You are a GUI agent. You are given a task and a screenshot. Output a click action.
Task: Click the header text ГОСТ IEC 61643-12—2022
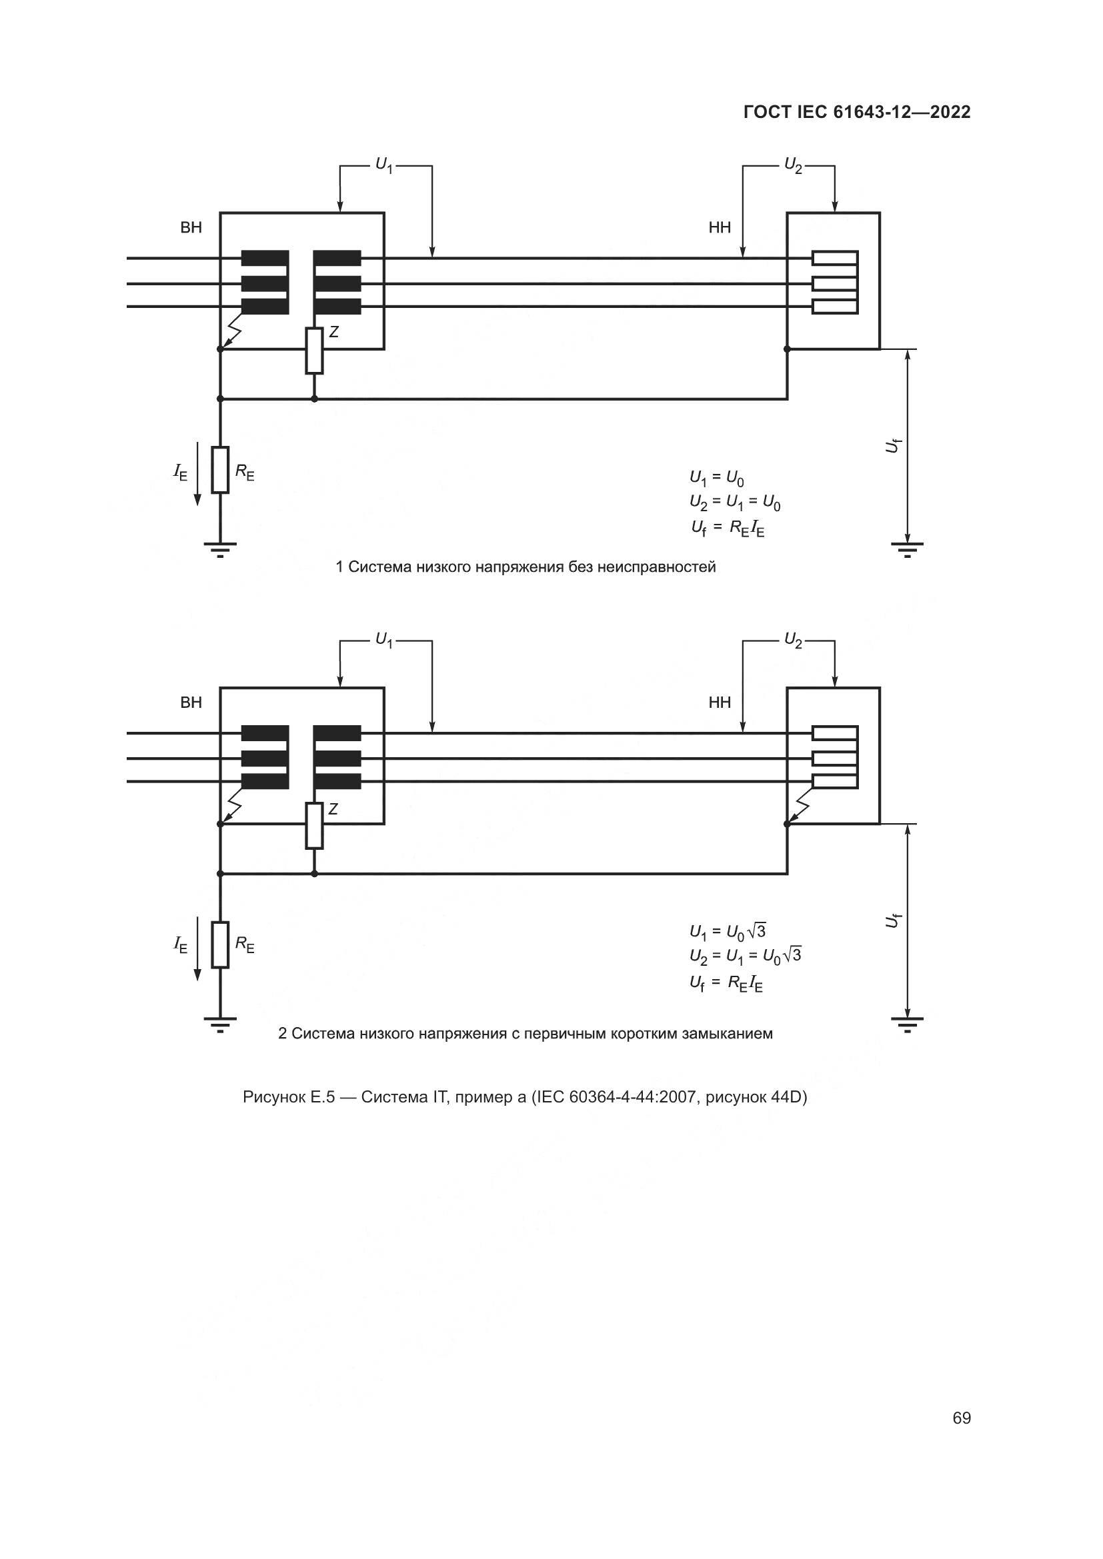point(857,113)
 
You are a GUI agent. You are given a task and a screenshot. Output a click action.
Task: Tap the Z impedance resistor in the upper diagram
point(314,351)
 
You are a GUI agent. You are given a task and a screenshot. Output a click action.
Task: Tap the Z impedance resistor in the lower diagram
point(314,826)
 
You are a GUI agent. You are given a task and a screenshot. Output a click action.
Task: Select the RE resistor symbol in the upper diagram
point(220,469)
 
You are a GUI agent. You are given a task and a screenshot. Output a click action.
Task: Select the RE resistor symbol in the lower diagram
point(220,944)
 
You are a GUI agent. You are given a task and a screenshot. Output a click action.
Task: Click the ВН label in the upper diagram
point(191,227)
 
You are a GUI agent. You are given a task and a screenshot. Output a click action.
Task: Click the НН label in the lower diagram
point(720,703)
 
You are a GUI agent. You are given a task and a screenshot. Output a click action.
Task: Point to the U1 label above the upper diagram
point(384,165)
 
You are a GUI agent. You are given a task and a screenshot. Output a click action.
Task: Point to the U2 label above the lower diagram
point(794,640)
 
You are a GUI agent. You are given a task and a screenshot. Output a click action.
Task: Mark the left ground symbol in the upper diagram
point(220,548)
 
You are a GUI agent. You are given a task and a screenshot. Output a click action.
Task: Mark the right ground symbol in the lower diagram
point(907,1023)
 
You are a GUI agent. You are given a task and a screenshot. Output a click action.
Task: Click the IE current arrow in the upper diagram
point(197,473)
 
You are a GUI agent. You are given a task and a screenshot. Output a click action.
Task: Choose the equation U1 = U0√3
point(728,931)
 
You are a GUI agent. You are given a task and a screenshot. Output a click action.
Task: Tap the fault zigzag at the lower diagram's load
point(800,808)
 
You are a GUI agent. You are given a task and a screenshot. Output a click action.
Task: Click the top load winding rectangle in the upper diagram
point(835,259)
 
